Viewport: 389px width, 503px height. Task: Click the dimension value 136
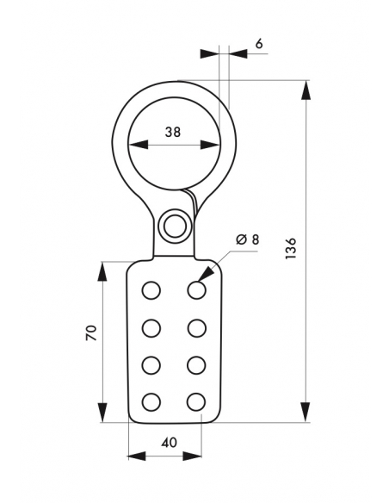point(291,248)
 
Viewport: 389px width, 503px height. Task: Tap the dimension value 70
point(91,332)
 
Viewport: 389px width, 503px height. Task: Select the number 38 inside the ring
point(173,132)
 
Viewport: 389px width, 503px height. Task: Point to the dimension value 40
point(169,443)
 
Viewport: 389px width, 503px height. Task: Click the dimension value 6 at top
point(259,43)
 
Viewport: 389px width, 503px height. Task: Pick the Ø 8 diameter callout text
point(247,239)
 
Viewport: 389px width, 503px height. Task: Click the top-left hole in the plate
point(151,290)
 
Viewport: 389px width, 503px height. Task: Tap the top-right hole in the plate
point(196,290)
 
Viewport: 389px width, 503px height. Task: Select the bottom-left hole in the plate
point(151,402)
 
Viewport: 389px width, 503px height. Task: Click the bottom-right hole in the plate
point(196,402)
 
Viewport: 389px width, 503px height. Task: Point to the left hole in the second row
point(151,328)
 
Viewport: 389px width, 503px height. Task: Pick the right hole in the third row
point(196,365)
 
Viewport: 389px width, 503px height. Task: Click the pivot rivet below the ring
point(175,226)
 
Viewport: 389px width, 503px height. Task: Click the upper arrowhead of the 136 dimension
point(306,90)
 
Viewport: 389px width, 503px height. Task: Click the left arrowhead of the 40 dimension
point(137,456)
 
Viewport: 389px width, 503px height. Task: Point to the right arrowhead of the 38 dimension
point(210,145)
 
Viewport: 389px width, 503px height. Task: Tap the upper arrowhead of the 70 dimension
point(102,272)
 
